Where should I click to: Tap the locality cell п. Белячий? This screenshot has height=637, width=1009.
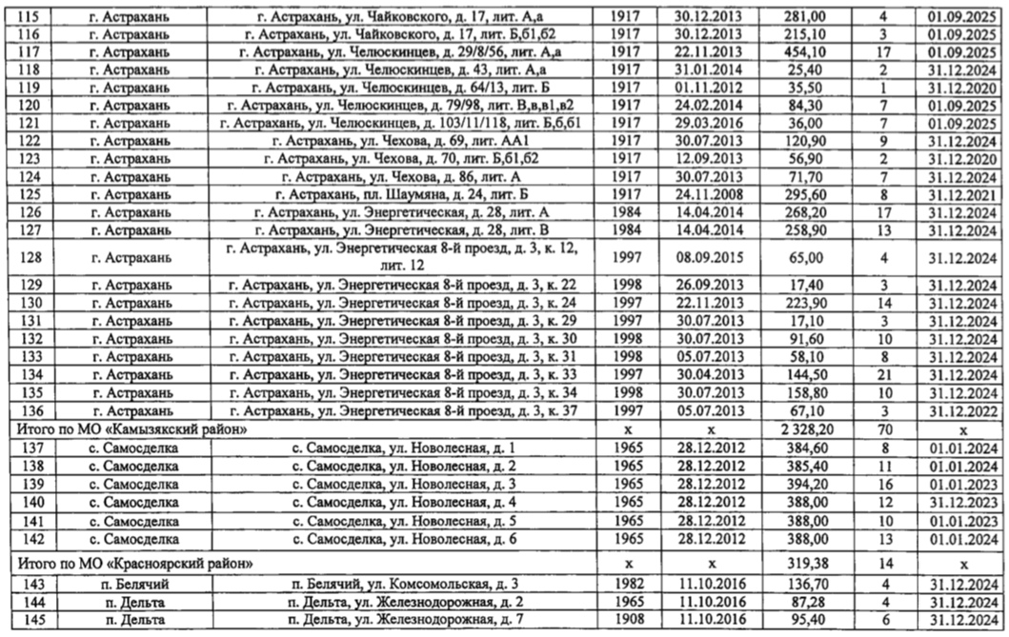coord(129,584)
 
